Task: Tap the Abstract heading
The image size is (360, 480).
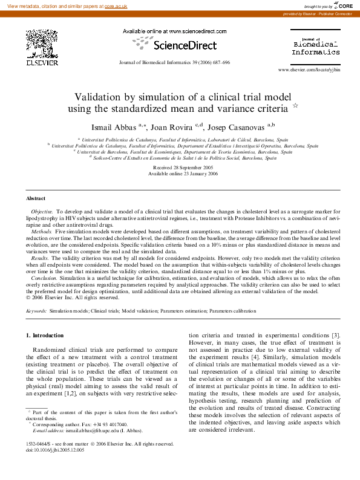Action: (36, 198)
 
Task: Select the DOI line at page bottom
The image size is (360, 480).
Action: (55, 467)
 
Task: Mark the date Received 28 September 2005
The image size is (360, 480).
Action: (180, 167)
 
